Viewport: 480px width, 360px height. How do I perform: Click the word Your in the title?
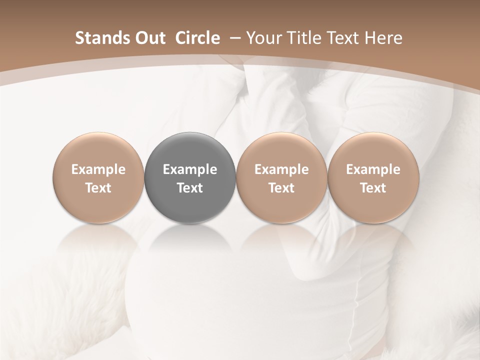click(x=264, y=38)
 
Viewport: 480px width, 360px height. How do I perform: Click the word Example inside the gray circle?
click(x=190, y=170)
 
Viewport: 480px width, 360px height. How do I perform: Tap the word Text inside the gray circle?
click(x=190, y=188)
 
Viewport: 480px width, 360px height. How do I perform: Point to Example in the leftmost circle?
click(x=98, y=170)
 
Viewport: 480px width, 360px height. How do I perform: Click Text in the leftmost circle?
click(x=98, y=188)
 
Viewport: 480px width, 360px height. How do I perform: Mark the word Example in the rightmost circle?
click(x=373, y=170)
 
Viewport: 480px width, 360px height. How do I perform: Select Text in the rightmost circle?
click(x=373, y=188)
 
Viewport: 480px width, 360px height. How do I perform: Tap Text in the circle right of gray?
click(x=281, y=188)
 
